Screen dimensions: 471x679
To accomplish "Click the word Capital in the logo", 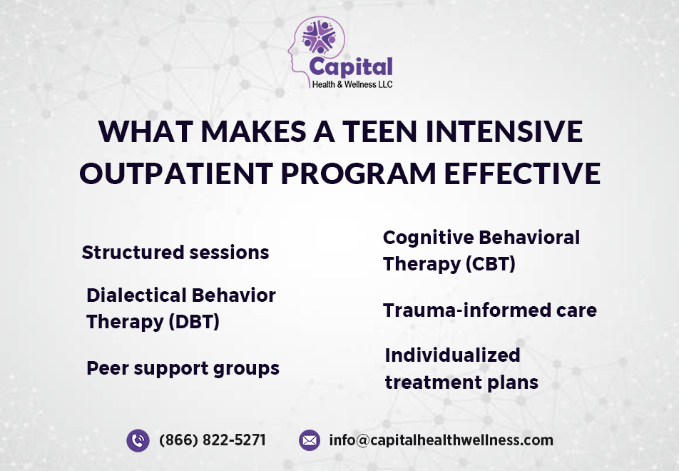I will point(350,67).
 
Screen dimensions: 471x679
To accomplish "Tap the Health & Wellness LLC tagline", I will point(352,83).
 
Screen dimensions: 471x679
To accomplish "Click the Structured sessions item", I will point(175,253).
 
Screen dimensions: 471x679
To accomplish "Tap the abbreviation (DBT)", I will point(193,322).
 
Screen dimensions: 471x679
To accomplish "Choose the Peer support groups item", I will point(183,368).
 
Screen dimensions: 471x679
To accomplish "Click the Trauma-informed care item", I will point(489,310).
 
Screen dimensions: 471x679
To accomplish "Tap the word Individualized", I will point(452,355).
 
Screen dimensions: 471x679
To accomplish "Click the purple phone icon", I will point(138,440).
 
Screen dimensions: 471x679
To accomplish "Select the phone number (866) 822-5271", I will point(212,440).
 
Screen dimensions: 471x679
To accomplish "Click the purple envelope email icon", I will point(310,440).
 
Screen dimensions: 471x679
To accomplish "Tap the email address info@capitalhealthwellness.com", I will point(441,440).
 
